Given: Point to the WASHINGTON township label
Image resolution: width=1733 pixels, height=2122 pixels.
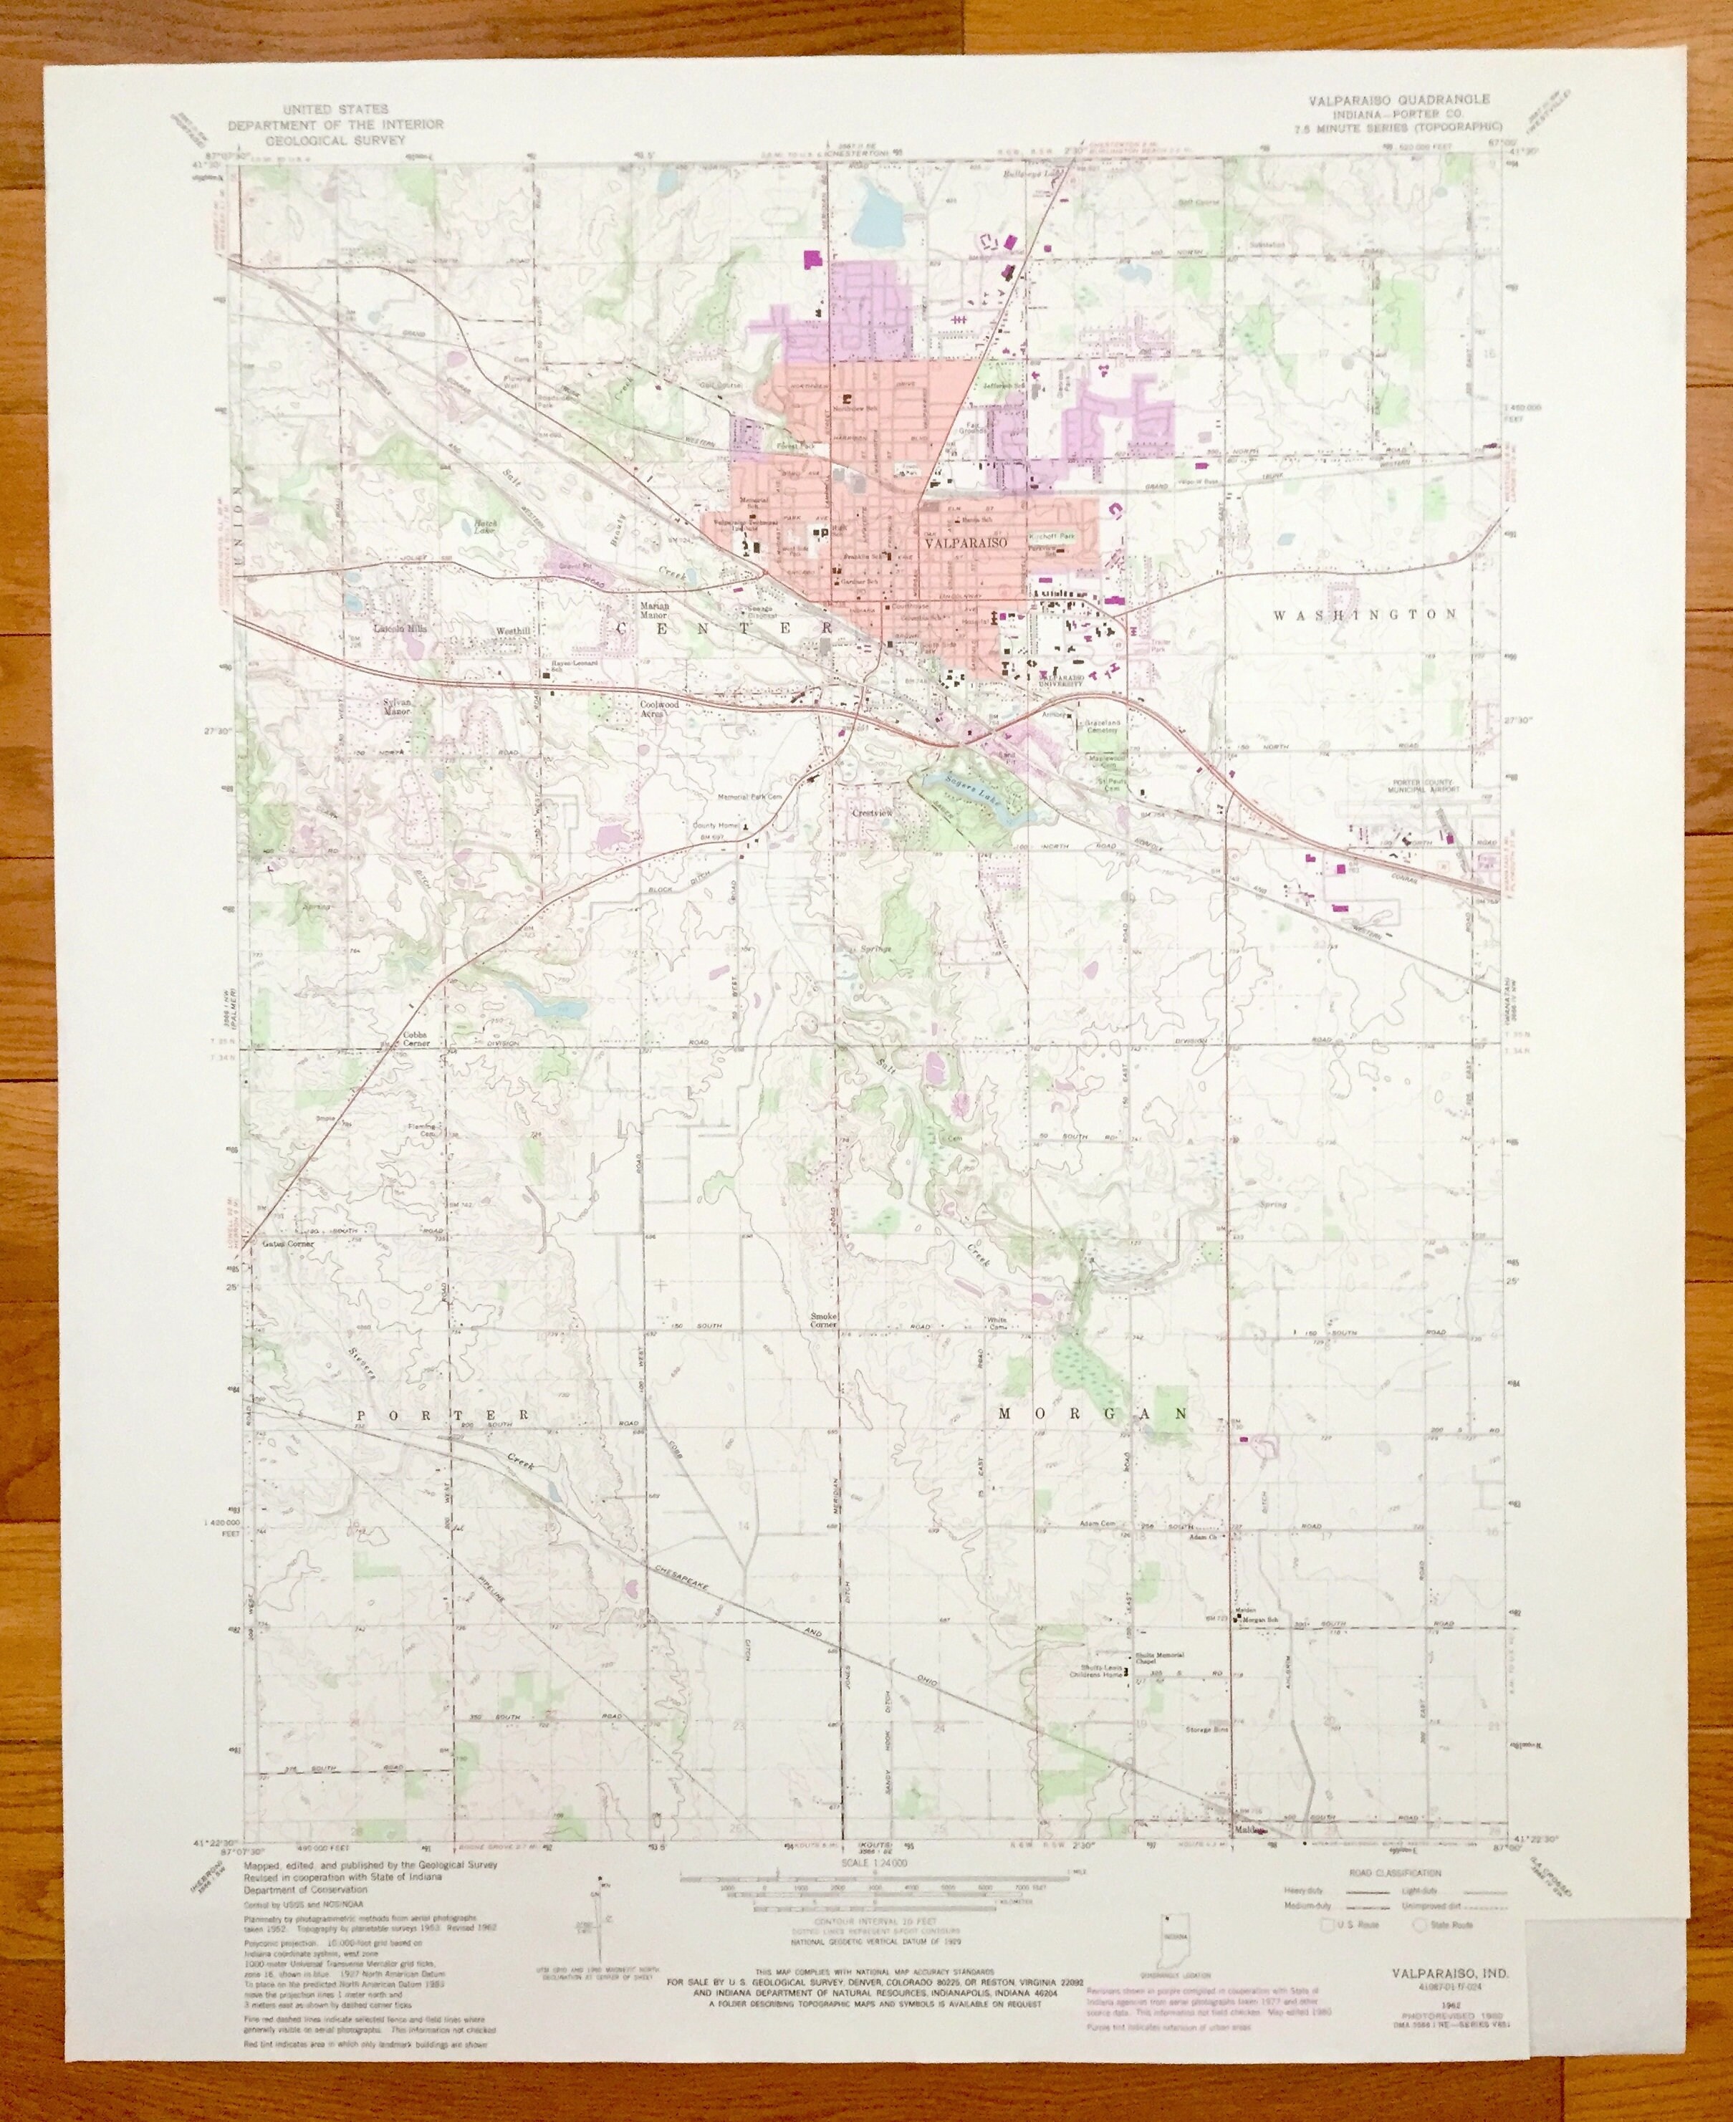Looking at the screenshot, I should [x=1365, y=615].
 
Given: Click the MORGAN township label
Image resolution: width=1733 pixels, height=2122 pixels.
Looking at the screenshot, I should [x=1093, y=1413].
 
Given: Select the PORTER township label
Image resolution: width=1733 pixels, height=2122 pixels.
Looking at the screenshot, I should [x=441, y=1416].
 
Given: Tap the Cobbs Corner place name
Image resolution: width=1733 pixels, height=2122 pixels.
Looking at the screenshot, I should [x=416, y=1039].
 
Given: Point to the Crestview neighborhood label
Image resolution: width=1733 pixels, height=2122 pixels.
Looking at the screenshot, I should [x=870, y=813].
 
